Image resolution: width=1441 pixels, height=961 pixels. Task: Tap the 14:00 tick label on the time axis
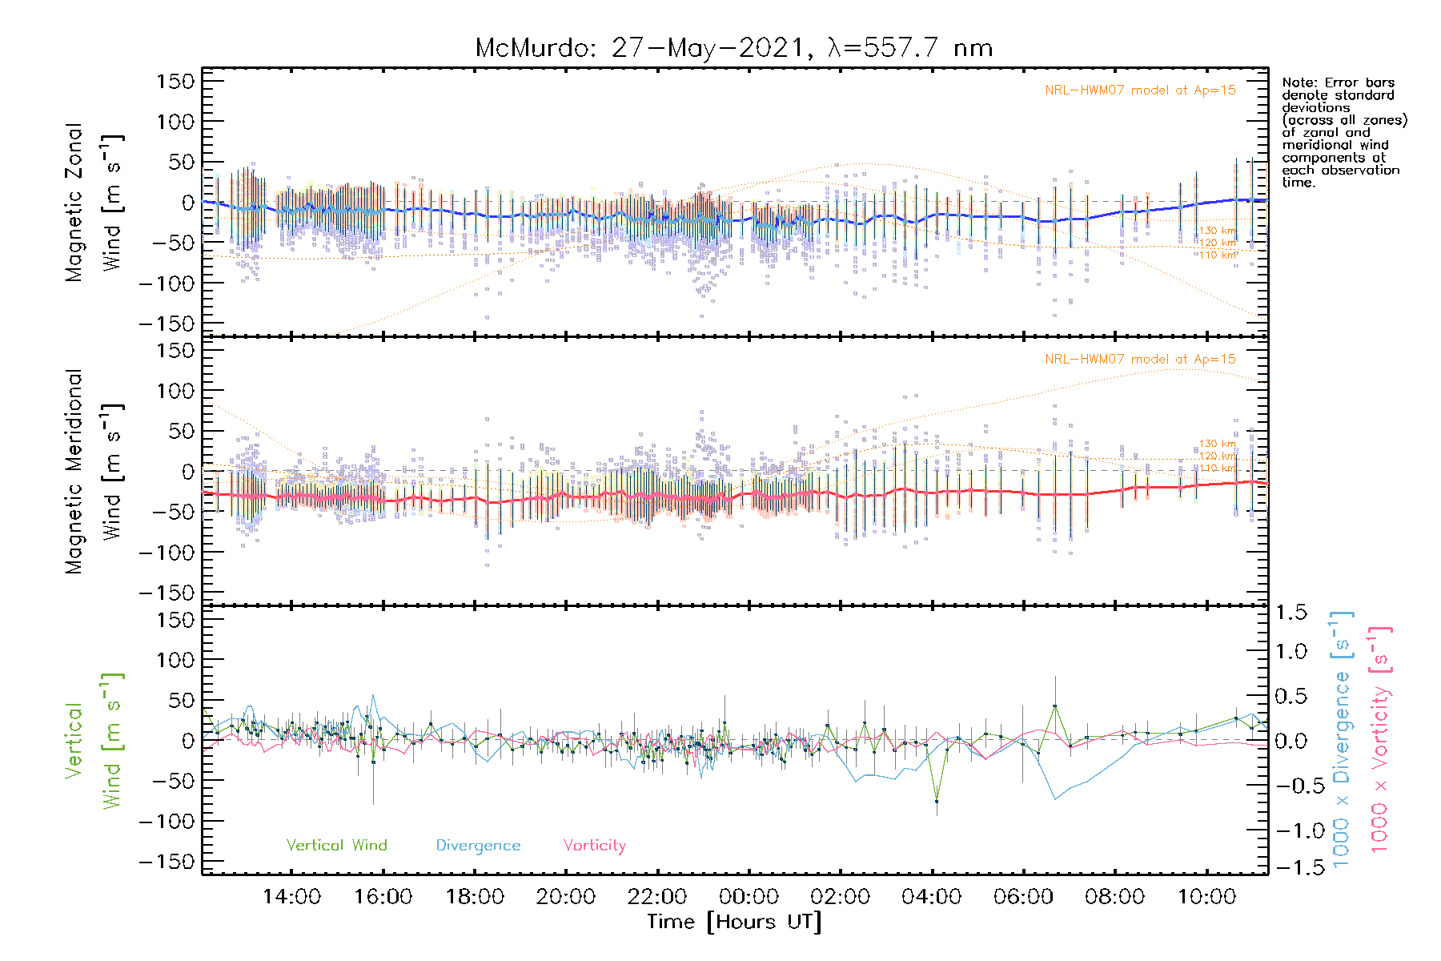(x=291, y=897)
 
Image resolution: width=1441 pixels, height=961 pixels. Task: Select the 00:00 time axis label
(x=749, y=897)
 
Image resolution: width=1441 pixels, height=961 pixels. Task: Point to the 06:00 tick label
(x=1023, y=897)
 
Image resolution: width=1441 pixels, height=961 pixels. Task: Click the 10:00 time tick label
(x=1206, y=897)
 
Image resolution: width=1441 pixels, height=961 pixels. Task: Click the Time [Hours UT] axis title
(x=733, y=922)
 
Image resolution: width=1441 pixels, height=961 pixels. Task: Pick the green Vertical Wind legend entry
(x=336, y=845)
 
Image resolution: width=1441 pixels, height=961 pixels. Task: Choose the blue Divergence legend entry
(x=478, y=846)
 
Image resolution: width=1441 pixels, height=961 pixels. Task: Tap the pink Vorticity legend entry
(x=594, y=845)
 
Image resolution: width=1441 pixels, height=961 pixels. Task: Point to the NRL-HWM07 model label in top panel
(x=1140, y=90)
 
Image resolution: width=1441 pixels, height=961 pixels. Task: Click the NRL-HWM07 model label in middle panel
(x=1140, y=360)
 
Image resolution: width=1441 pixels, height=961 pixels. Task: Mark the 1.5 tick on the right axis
(x=1290, y=613)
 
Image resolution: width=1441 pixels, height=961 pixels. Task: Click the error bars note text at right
(x=1343, y=132)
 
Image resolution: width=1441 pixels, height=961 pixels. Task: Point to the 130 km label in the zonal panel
(x=1217, y=231)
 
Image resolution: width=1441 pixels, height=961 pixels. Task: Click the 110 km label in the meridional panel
(x=1217, y=468)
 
